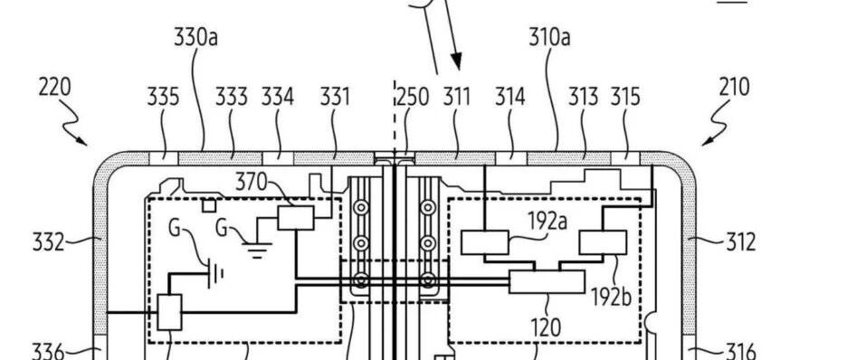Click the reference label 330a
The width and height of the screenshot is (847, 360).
(195, 37)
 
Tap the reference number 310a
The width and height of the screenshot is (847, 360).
(549, 37)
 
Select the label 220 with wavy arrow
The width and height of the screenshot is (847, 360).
(54, 87)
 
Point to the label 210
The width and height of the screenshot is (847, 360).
(734, 87)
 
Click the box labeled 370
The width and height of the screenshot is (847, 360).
(296, 218)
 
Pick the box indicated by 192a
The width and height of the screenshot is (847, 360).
(484, 242)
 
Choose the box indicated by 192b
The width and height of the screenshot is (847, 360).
(603, 242)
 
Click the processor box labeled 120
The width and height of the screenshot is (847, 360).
(547, 281)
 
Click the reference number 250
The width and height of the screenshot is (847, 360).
(413, 97)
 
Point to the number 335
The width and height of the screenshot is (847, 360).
(163, 97)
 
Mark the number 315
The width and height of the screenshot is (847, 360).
(625, 97)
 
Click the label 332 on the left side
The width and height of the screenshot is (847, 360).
(49, 242)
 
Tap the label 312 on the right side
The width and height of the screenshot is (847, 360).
(740, 242)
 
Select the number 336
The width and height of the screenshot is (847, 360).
(49, 352)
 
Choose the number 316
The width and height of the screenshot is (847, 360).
(739, 352)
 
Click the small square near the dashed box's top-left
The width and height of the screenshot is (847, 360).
(209, 205)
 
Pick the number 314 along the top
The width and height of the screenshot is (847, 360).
(510, 97)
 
